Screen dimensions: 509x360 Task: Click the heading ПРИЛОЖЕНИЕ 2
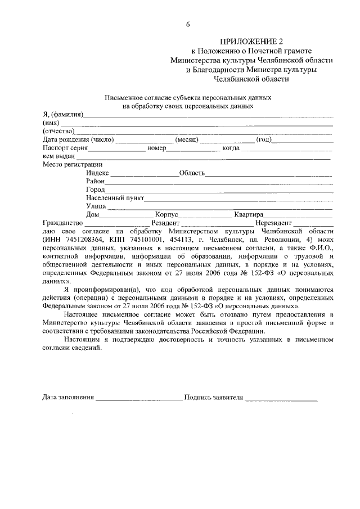point(252,42)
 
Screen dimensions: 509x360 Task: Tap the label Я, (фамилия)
point(63,115)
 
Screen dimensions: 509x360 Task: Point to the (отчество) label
point(58,131)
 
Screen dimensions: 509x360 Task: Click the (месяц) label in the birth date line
point(187,139)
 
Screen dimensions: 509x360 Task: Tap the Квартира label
point(246,215)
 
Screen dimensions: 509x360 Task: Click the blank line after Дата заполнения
point(139,398)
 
